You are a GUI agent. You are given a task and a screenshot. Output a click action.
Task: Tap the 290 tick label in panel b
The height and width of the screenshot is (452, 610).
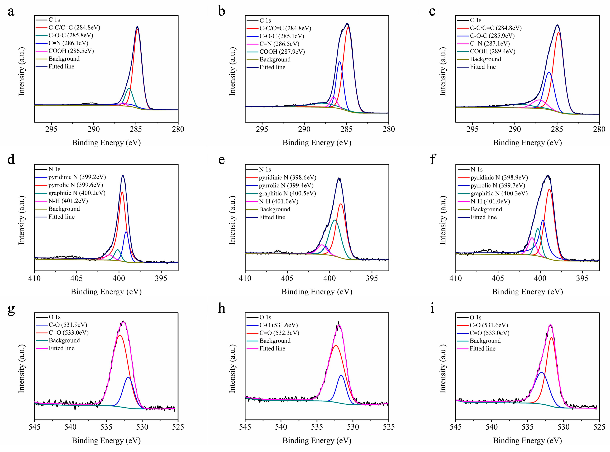pos(304,129)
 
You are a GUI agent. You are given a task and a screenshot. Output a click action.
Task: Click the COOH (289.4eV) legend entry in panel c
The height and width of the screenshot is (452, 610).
pos(492,51)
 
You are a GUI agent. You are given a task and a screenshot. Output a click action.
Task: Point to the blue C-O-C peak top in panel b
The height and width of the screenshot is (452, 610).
pos(339,62)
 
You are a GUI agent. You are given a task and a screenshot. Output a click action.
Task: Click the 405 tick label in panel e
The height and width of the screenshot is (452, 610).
pos(287,278)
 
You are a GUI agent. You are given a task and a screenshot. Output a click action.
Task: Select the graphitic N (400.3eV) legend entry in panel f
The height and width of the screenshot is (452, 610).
pos(499,193)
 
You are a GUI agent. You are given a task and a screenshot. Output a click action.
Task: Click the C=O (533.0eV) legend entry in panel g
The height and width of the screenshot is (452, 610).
pos(68,333)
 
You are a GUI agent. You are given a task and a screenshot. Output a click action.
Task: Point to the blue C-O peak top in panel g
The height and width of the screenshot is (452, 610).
pos(128,377)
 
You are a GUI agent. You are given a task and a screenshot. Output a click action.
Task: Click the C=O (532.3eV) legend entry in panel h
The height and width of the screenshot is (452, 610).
pos(279,333)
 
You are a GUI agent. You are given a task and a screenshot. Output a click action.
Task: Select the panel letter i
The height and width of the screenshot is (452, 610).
pos(432,308)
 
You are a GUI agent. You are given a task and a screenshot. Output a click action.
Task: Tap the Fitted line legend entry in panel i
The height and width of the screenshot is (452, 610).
pos(482,348)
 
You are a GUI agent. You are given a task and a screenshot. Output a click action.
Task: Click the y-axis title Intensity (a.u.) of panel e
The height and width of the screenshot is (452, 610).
pos(232,220)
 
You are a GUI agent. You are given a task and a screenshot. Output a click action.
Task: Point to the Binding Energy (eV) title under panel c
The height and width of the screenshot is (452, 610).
pos(527,143)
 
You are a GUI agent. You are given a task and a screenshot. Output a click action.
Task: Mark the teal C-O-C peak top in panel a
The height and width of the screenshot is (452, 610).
pos(129,89)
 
